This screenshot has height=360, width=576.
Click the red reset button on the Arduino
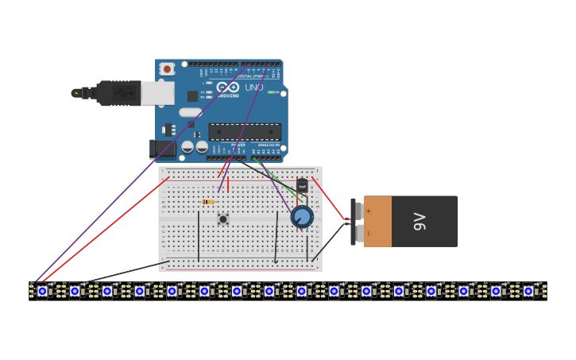[x=167, y=69]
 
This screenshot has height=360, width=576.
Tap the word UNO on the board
[x=254, y=87]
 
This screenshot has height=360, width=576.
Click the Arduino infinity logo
[x=227, y=87]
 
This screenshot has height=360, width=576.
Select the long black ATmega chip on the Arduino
[x=245, y=132]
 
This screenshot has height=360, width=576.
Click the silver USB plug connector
[x=157, y=93]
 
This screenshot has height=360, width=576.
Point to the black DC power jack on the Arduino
[x=162, y=148]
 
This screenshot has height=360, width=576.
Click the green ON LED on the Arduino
[x=273, y=92]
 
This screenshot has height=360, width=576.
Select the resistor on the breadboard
[x=208, y=202]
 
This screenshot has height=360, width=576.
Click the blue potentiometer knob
[x=302, y=217]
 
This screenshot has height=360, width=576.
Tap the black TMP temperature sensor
[x=302, y=186]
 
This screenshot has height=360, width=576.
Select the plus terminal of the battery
[x=359, y=211]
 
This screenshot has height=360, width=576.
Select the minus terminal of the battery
[x=359, y=233]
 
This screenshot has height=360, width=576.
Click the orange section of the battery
[x=377, y=222]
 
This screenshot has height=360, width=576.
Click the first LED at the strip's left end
[x=42, y=291]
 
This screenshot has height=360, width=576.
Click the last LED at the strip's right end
[x=528, y=291]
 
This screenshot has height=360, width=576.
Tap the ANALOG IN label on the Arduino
[x=269, y=145]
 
